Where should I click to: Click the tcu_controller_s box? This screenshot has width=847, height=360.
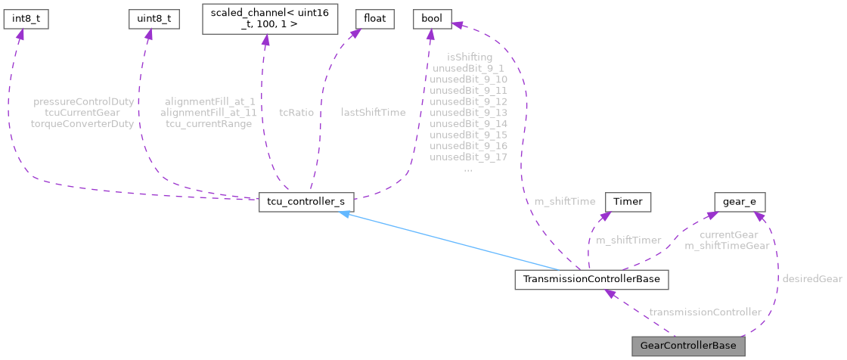306,203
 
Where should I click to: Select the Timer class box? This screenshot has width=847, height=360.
627,203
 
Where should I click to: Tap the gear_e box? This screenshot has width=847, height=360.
740,203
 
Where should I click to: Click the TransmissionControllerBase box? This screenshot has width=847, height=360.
591,280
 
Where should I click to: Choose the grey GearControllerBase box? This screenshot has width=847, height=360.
687,346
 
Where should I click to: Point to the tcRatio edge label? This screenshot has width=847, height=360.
296,112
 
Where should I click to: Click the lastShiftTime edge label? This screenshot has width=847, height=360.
373,112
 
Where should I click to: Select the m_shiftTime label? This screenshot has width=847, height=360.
565,201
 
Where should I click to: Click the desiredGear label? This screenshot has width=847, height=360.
811,278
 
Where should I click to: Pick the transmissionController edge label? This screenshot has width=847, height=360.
705,312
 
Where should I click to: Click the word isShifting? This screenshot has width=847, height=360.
469,57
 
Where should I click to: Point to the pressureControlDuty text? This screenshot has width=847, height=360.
84,101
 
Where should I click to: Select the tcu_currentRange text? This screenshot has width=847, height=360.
209,123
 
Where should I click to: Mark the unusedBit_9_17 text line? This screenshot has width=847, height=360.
468,157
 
